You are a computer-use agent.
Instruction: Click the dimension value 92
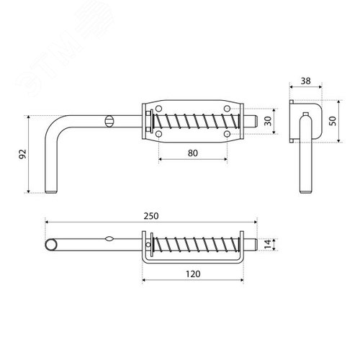pos(22,154)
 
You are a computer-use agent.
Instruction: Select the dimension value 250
pos(151,216)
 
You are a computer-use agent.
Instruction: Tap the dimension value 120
pos(193,274)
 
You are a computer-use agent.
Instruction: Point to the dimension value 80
pos(193,153)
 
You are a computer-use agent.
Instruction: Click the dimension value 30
pos(268,121)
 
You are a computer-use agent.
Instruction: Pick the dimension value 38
pos(305,81)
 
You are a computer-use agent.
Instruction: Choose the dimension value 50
pos(333,121)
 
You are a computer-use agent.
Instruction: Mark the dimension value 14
pos(268,244)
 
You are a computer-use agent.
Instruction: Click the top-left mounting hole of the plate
pos(158,109)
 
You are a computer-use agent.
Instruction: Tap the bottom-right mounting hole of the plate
pos(227,134)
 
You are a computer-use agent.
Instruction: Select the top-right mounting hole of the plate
pos(227,109)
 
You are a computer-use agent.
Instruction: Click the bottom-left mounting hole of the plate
pos(158,134)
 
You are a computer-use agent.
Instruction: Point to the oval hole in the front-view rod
pos(109,121)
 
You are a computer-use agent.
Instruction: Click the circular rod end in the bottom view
pos(51,245)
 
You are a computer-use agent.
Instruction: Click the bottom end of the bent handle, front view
pos(51,192)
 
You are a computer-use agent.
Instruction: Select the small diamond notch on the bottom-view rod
pos(109,238)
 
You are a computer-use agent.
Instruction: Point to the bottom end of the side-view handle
pos(306,192)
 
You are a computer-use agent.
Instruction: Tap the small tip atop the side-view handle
pos(305,114)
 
